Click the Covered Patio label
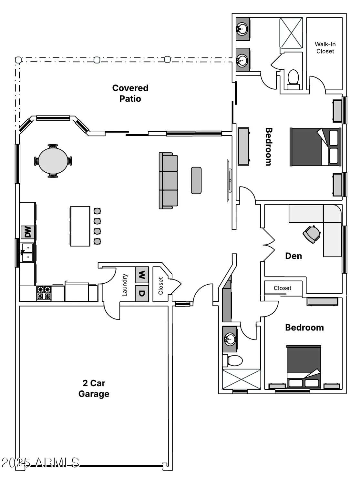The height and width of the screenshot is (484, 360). click(x=130, y=93)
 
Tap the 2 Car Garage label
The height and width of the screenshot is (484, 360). click(x=94, y=388)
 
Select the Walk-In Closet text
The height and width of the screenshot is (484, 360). click(x=325, y=48)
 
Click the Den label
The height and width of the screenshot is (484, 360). click(x=293, y=256)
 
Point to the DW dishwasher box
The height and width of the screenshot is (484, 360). click(x=27, y=232)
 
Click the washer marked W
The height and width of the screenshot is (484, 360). click(x=142, y=275)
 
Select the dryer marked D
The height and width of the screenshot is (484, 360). click(x=142, y=294)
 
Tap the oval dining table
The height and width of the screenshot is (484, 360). click(x=53, y=161)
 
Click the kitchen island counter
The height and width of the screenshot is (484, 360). click(x=80, y=226)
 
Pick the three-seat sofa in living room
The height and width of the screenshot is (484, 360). click(x=169, y=181)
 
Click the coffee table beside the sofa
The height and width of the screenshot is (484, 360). click(x=196, y=180)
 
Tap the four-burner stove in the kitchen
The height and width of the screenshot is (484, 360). click(x=44, y=293)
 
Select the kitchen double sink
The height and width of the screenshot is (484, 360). click(x=27, y=253)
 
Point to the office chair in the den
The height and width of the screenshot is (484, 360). click(x=312, y=234)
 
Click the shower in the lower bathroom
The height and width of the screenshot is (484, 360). click(x=241, y=379)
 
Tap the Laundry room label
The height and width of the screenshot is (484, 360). click(x=125, y=285)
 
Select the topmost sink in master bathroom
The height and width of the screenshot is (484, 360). click(x=242, y=29)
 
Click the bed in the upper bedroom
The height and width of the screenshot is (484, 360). click(x=315, y=147)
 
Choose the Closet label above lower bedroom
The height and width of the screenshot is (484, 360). click(x=282, y=288)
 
